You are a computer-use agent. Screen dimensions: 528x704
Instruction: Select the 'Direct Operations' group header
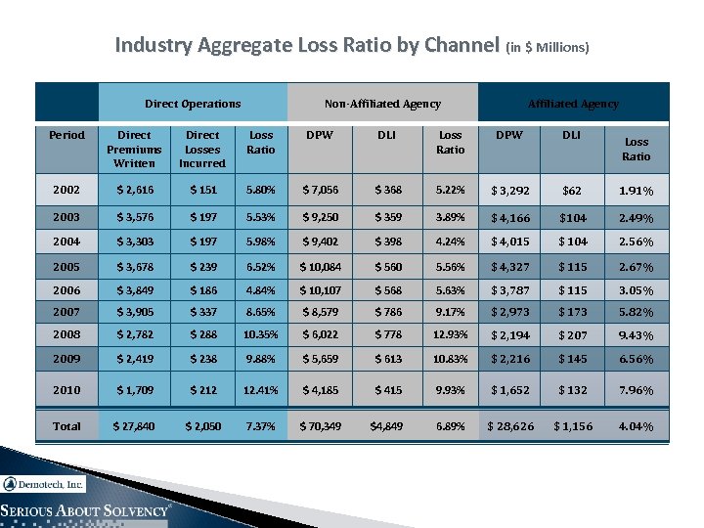point(193,104)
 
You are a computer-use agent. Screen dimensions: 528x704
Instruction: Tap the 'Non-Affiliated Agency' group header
point(382,104)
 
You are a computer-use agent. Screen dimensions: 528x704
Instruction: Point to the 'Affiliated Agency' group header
point(573,104)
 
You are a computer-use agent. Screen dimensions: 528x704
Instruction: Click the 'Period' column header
point(66,135)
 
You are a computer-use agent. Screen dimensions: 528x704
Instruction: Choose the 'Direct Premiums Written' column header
point(134,149)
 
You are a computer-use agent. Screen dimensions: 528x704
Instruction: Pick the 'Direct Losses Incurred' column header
point(202,149)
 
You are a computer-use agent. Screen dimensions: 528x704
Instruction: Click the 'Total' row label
point(66,425)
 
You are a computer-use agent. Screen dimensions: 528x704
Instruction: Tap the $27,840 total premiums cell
point(134,425)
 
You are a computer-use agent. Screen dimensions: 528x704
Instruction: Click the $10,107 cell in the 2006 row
point(321,289)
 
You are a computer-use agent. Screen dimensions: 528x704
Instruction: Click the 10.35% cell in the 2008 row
point(261,336)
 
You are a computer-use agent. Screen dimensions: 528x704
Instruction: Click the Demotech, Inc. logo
point(44,484)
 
